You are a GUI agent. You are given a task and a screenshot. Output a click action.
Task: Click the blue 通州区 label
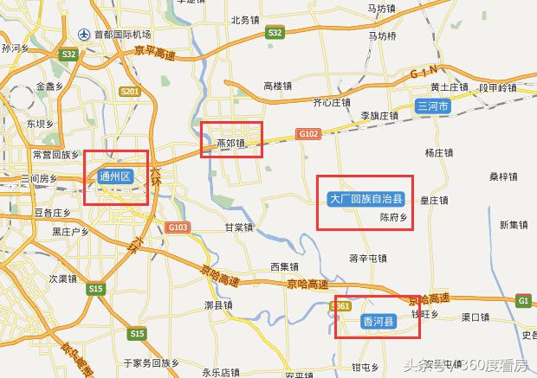(115, 177)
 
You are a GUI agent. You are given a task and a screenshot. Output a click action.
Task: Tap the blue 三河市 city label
(432, 106)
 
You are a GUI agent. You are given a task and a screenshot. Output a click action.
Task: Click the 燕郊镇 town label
(230, 144)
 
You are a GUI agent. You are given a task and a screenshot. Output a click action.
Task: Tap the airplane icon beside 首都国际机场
(84, 35)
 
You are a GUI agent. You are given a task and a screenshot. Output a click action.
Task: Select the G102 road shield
(307, 134)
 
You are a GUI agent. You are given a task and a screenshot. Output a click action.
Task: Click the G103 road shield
(178, 227)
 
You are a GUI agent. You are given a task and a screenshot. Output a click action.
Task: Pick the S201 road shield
(131, 91)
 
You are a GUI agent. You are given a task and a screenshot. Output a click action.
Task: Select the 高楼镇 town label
(278, 86)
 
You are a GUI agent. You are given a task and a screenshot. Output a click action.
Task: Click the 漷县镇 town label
(219, 305)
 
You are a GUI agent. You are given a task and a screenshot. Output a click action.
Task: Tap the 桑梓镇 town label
(503, 176)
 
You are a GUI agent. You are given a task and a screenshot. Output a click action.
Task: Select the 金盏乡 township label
(50, 86)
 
